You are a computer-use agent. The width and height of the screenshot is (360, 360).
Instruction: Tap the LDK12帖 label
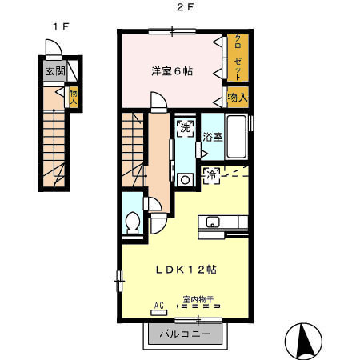pos(185,270)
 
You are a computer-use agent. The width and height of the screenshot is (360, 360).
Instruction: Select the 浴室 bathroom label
pos(212,137)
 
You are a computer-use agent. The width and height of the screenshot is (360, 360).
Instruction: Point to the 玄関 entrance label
pos(54,71)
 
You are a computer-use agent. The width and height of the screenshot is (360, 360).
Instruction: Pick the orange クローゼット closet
pos(238,58)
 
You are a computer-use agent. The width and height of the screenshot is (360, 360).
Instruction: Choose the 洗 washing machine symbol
pos(185,128)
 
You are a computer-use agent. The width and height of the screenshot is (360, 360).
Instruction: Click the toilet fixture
pos(134,221)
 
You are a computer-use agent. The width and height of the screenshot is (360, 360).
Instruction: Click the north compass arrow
pos(305,341)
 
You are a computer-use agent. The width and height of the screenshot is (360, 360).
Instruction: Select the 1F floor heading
pos(60,26)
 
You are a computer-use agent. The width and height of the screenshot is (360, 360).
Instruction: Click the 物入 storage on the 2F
pos(238,98)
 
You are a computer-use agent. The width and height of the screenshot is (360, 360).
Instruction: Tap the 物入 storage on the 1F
pos(73,97)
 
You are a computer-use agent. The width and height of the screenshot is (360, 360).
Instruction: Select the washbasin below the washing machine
pos(185,180)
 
